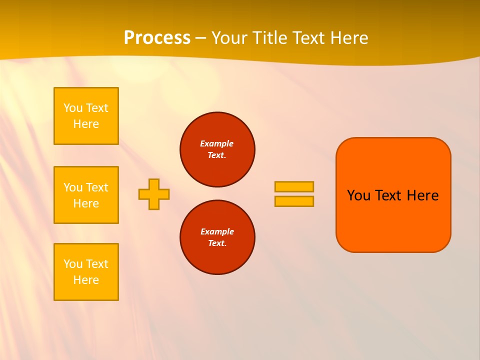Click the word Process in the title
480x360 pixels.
157,38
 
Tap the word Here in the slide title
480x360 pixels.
348,38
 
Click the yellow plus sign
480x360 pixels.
154,194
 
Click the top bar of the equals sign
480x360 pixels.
294,186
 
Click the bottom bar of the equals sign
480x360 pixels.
294,201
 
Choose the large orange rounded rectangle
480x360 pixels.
393,225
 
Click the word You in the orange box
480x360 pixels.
358,195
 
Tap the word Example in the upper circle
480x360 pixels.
217,143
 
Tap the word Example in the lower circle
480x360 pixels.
217,231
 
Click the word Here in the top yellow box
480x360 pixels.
86,124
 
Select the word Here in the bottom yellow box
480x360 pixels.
86,280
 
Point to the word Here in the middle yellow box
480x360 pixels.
86,203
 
